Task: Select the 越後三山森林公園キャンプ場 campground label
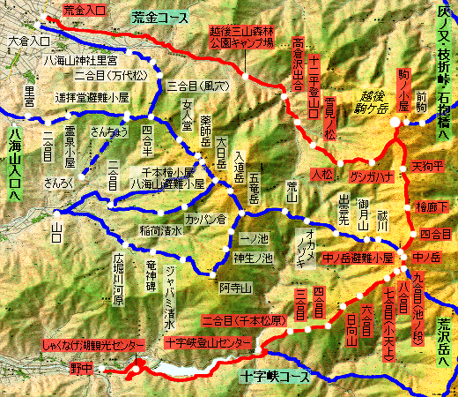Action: (x=240, y=40)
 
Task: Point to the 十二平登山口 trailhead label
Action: (x=314, y=72)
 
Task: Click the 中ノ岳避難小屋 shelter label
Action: (x=351, y=258)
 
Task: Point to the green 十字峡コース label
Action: (x=275, y=376)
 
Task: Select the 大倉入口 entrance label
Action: (x=26, y=41)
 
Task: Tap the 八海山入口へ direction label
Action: (x=14, y=168)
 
